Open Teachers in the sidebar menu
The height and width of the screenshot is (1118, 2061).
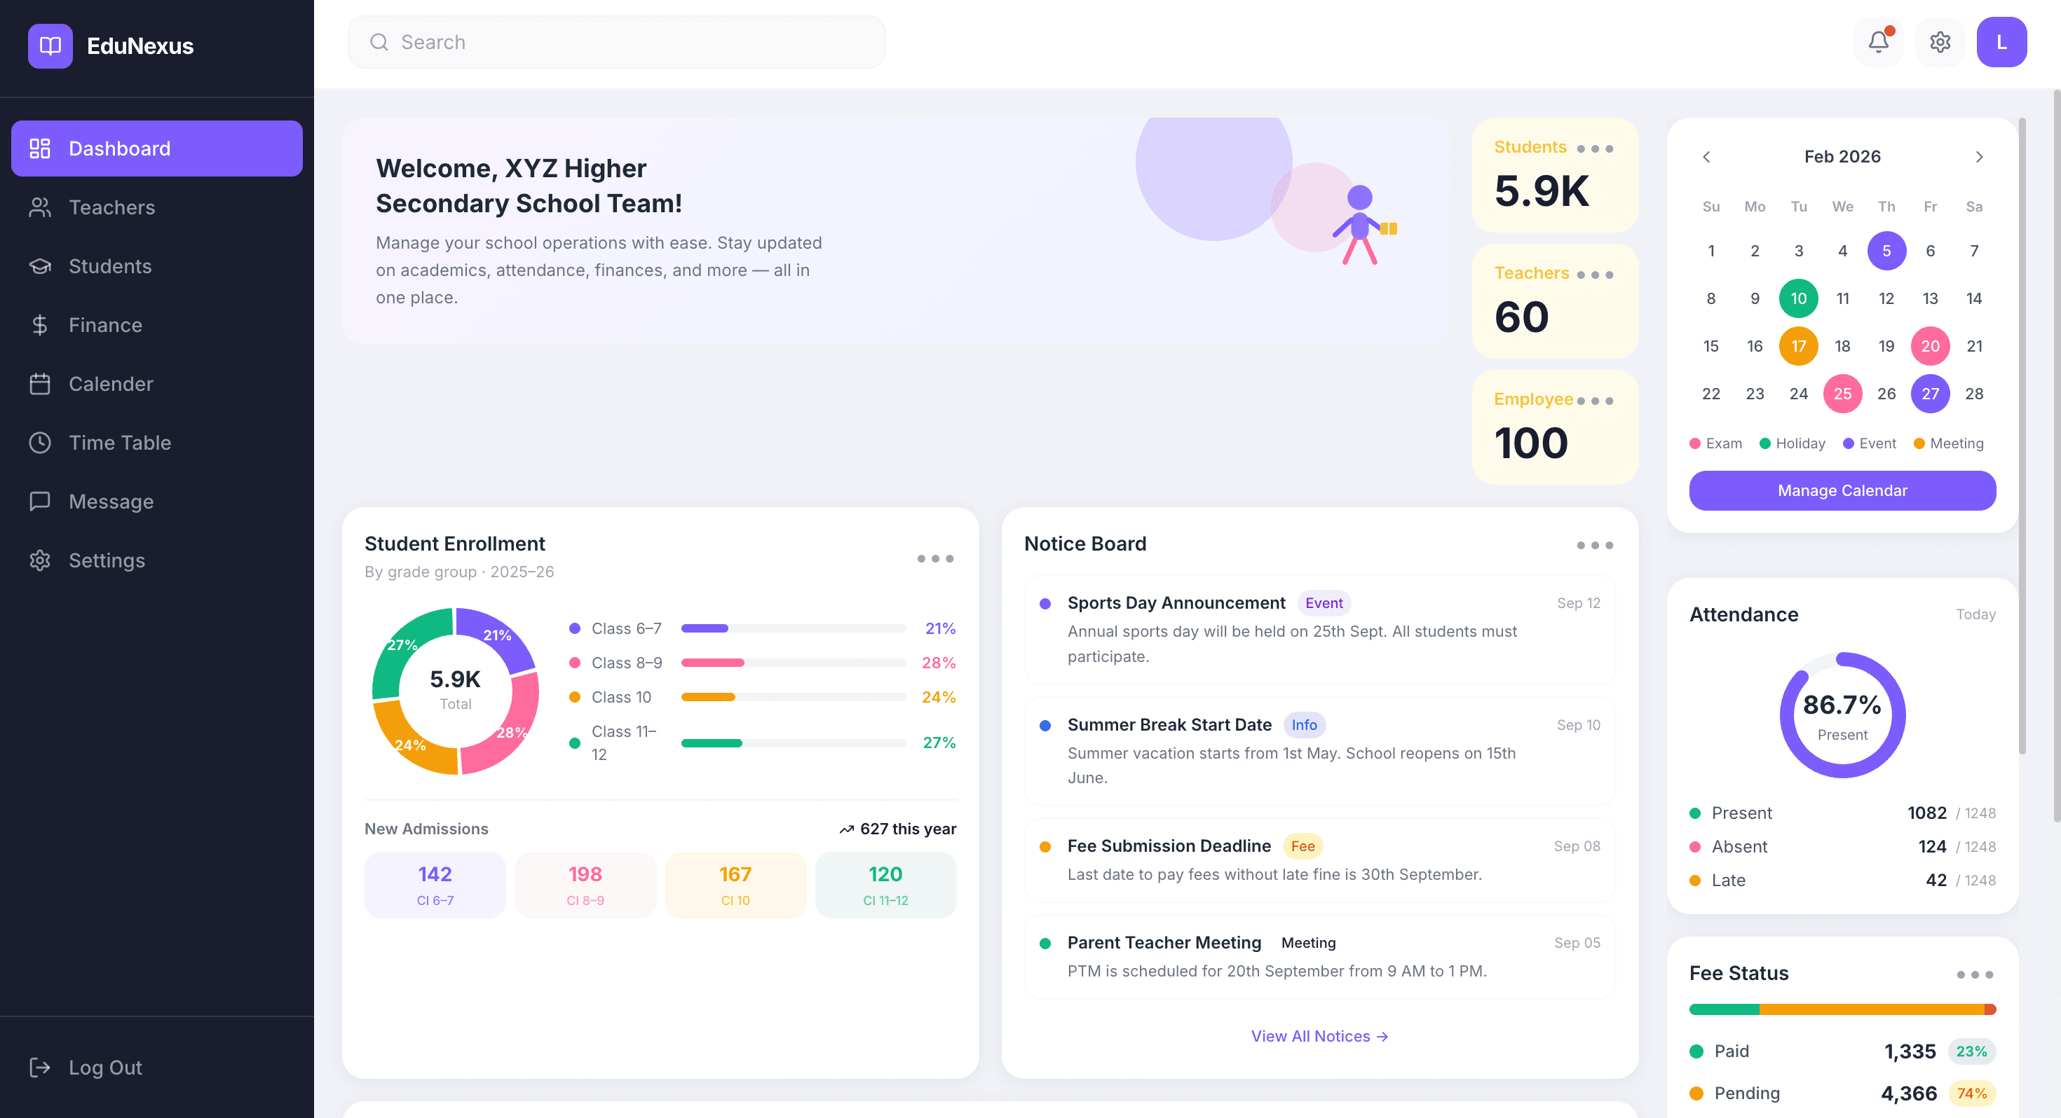pyautogui.click(x=111, y=207)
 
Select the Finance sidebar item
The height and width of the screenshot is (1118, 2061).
pyautogui.click(x=105, y=325)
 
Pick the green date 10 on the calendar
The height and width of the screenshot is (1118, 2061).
pyautogui.click(x=1798, y=298)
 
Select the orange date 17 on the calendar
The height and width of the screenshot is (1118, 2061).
pyautogui.click(x=1798, y=345)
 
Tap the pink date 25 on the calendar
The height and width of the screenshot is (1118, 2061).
pyautogui.click(x=1842, y=394)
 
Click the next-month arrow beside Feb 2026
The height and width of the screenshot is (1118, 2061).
pyautogui.click(x=1978, y=157)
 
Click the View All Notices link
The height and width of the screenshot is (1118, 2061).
pyautogui.click(x=1319, y=1035)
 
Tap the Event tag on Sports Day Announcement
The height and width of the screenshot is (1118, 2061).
pyautogui.click(x=1324, y=603)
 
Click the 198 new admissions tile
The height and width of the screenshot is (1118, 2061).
pyautogui.click(x=585, y=885)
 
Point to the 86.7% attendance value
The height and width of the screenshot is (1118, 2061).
pyautogui.click(x=1842, y=705)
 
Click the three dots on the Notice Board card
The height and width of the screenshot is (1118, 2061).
pyautogui.click(x=1595, y=546)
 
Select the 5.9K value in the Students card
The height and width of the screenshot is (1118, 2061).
pyautogui.click(x=1541, y=191)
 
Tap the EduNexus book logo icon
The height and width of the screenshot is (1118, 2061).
pyautogui.click(x=50, y=46)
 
